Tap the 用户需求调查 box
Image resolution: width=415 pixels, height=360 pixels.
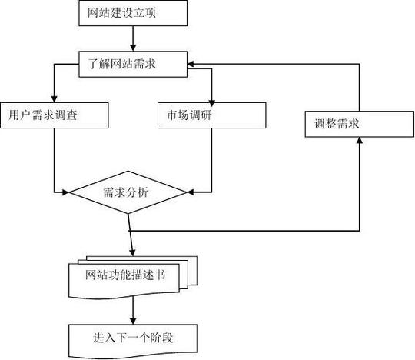[54, 115]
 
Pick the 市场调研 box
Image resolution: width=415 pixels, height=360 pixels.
[211, 115]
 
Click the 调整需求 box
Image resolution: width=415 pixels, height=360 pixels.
[359, 123]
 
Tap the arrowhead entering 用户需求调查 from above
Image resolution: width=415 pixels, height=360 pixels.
[53, 98]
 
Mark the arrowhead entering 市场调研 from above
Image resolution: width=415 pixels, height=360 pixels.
[211, 98]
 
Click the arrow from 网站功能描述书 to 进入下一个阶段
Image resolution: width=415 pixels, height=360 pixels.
[134, 310]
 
